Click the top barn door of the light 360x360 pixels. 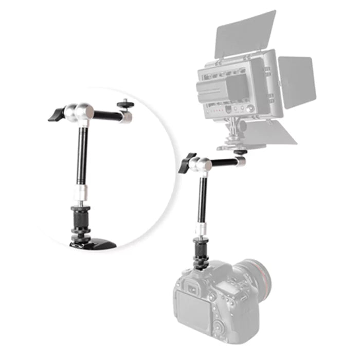[245, 33]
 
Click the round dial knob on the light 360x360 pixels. [250, 109]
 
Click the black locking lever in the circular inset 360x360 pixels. [56, 114]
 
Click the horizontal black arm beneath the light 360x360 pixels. [223, 164]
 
